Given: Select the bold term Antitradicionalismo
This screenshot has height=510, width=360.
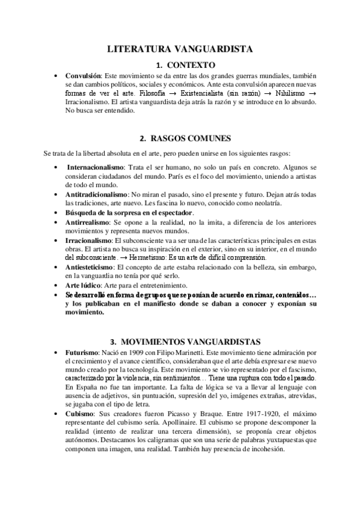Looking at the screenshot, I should (96, 195).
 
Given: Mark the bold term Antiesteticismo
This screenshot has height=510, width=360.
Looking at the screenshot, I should (91, 266).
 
